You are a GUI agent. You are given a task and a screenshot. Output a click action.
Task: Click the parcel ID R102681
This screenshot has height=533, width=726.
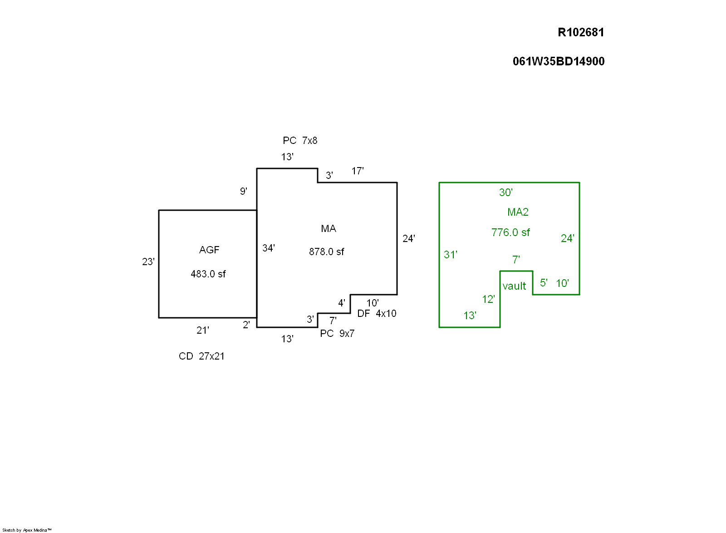581,32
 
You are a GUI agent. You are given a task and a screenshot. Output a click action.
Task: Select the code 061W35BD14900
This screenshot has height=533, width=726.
559,61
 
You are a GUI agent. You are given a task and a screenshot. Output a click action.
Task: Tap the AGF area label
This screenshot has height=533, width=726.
209,250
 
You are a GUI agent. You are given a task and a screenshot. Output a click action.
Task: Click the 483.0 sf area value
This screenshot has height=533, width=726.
208,274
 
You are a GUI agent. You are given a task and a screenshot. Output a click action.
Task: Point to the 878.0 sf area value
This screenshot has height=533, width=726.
327,252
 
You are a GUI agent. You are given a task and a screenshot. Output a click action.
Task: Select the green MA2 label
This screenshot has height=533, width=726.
518,212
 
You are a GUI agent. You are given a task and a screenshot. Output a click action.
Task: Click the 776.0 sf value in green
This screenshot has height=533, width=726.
510,232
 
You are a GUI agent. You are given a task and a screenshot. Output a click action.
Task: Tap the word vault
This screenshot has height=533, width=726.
515,286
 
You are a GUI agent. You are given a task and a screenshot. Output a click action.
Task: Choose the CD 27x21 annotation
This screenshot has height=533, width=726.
201,356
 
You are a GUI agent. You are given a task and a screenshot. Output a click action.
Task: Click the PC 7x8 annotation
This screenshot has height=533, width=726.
300,141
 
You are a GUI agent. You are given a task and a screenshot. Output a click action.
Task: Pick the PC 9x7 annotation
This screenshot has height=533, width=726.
337,333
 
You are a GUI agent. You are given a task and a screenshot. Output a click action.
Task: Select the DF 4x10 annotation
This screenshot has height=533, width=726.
377,313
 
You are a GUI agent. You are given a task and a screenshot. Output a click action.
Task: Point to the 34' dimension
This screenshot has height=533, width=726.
269,248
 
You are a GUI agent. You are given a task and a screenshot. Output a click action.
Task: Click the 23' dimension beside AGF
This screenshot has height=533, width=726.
148,262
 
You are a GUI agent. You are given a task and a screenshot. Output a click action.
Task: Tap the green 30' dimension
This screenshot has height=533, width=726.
506,192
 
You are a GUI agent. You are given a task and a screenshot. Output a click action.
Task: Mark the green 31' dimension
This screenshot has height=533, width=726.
451,255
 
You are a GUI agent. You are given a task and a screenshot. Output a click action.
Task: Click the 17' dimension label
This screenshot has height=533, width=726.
358,171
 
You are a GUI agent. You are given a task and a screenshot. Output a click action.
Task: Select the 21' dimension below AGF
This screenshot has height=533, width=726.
203,330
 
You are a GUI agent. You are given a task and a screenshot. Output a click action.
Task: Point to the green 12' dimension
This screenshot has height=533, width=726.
488,299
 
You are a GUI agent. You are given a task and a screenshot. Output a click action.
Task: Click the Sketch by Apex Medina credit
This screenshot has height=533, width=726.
27,530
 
